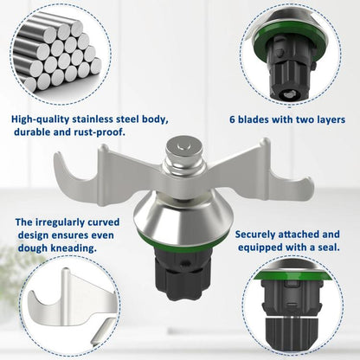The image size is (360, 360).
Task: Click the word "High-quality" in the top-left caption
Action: click(40, 119)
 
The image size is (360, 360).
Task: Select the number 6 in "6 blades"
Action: click(233, 119)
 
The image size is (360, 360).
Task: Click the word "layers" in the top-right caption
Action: click(329, 120)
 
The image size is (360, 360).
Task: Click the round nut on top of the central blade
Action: click(183, 149)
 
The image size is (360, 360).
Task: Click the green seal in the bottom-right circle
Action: click(292, 275)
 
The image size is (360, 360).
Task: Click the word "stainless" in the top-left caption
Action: click(93, 119)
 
